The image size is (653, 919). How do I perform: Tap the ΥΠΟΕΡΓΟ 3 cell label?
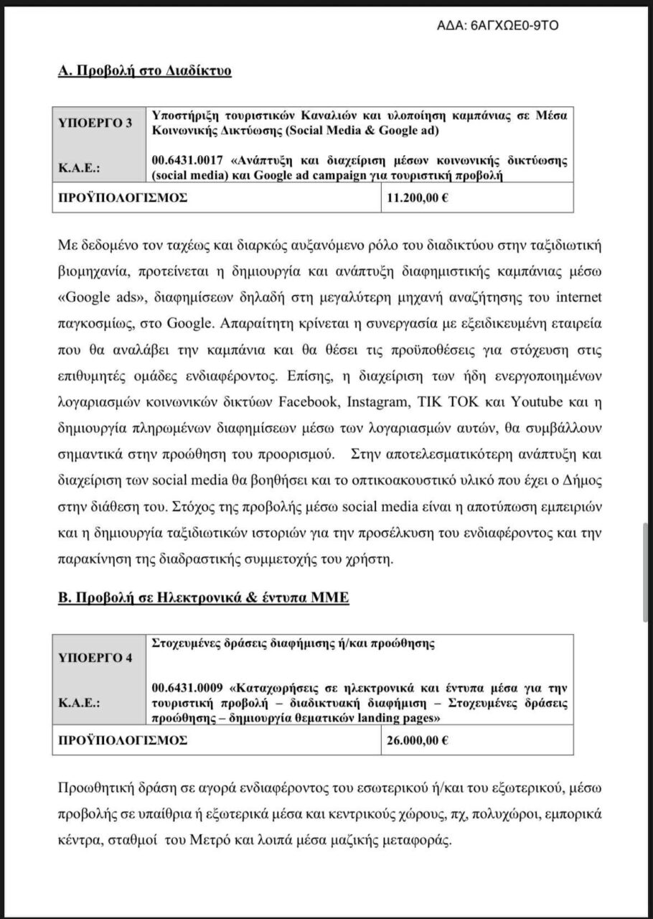95,123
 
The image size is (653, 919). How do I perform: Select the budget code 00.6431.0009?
188,685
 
